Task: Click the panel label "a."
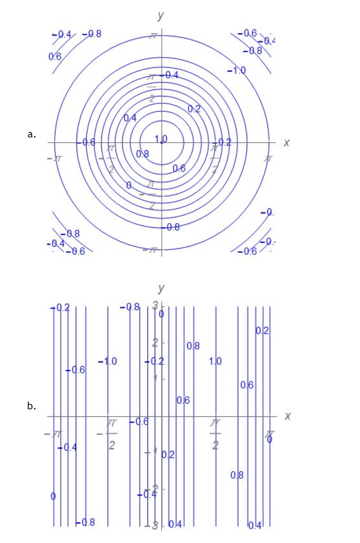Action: (x=31, y=134)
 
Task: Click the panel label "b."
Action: (x=31, y=406)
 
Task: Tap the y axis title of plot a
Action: (x=161, y=15)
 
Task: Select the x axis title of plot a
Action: (x=286, y=143)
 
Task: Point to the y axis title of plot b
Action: (x=161, y=288)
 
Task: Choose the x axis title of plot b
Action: (x=287, y=416)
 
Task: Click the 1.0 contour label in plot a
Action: (x=161, y=139)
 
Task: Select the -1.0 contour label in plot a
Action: (x=237, y=70)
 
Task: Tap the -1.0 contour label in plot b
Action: (x=108, y=361)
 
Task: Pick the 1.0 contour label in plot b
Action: (x=216, y=361)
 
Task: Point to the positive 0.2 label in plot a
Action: (x=194, y=109)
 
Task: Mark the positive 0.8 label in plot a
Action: (x=142, y=154)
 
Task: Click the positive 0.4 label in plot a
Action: (x=130, y=118)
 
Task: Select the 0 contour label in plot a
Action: (x=129, y=186)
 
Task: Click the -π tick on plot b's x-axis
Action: (x=53, y=434)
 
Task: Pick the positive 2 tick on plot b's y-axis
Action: (x=155, y=342)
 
